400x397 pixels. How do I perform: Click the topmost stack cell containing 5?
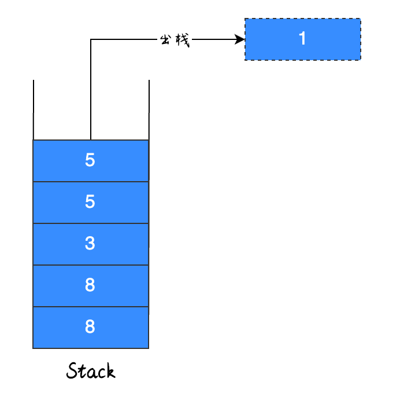(91, 160)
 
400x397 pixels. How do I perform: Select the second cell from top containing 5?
(91, 202)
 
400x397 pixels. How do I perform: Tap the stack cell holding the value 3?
(91, 244)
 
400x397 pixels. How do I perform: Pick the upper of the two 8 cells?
(91, 285)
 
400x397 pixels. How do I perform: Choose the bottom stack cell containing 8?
(91, 327)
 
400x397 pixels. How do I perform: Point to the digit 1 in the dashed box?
(302, 39)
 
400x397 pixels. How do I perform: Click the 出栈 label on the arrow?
(174, 40)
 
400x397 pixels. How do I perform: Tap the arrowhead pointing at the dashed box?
(240, 39)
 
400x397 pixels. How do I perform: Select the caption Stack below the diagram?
(91, 370)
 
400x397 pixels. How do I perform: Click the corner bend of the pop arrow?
(91, 40)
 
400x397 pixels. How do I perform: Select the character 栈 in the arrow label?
(182, 40)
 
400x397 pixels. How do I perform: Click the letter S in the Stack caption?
(72, 370)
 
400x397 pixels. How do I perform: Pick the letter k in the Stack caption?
(110, 370)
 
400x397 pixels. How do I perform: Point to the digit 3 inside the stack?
(90, 244)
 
